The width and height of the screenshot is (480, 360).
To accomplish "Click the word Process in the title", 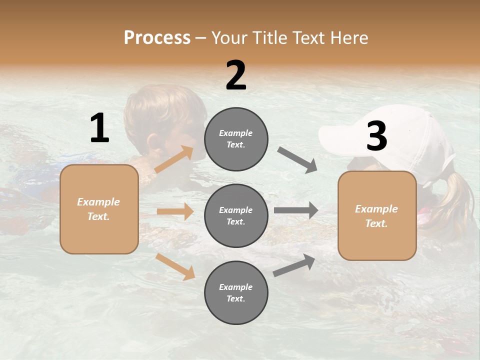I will tap(157, 37).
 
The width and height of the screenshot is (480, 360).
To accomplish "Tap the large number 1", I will tap(99, 128).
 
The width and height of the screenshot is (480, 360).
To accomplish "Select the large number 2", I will tap(236, 75).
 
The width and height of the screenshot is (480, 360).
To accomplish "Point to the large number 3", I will tap(376, 136).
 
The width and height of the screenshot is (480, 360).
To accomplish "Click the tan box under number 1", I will tap(99, 209).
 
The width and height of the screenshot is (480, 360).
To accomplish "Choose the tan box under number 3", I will tap(377, 215).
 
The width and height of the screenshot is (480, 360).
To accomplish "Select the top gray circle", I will tap(236, 139).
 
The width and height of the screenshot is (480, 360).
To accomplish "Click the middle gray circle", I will tap(236, 215).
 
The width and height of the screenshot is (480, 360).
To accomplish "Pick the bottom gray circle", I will tap(236, 292).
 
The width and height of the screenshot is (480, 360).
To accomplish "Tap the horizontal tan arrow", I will tap(175, 211).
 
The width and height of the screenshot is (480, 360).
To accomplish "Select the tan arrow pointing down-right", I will tap(175, 266).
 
